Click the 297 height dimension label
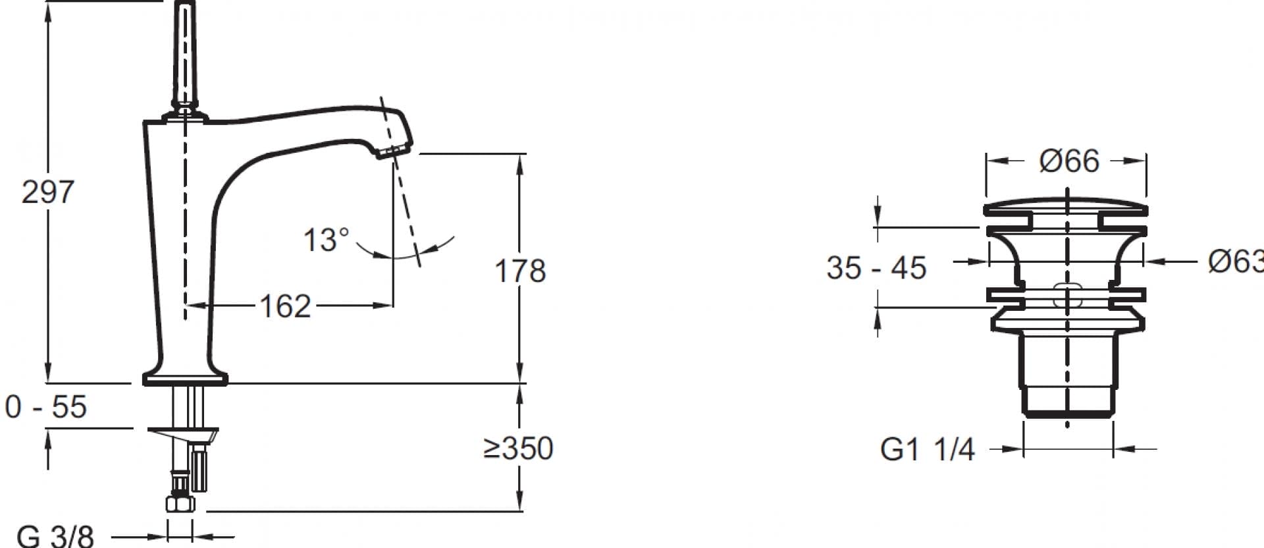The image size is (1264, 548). click(48, 192)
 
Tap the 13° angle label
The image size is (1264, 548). click(326, 240)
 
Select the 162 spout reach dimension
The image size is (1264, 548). click(285, 306)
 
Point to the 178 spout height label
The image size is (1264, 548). click(520, 271)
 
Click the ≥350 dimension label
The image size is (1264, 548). click(518, 449)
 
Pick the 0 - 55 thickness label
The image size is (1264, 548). click(45, 407)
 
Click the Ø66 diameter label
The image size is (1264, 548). click(1069, 161)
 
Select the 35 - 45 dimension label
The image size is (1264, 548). click(876, 268)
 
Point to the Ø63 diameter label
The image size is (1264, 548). click(1236, 261)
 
